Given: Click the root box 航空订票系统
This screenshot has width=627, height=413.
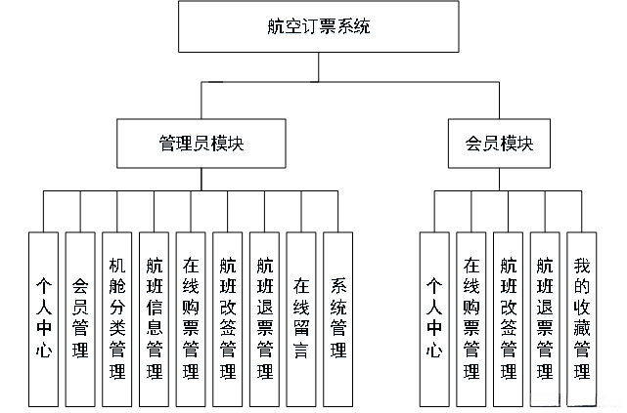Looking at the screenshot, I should tap(318, 27).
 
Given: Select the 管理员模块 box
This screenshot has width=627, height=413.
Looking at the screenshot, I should tap(202, 143).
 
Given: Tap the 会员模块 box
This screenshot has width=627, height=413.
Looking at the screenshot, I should tap(499, 143).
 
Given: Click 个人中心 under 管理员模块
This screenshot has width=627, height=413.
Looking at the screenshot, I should tap(43, 318).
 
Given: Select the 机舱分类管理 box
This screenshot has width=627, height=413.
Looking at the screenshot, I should tap(117, 318).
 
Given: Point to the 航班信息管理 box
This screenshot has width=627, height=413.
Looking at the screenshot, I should tap(154, 318).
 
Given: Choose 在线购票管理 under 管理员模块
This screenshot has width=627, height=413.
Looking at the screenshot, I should tap(191, 318).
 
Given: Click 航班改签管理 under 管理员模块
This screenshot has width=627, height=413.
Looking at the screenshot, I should tap(227, 318).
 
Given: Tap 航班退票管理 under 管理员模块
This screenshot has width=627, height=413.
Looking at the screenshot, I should tap(264, 318).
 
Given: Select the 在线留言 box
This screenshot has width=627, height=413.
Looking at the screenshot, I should tap(300, 318).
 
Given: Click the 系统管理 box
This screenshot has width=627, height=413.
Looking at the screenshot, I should tap(337, 318).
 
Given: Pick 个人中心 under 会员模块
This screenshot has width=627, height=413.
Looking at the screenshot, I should tap(434, 318).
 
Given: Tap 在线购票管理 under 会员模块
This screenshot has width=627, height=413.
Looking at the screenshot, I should tap(470, 318).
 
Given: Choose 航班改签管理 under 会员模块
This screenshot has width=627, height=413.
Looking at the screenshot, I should tap(508, 318).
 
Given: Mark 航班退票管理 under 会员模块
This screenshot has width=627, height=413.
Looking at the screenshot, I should tap(545, 318).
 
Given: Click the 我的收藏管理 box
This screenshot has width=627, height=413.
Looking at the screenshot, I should tap(582, 318).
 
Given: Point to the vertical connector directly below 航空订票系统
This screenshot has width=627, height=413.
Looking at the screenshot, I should tap(318, 67).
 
